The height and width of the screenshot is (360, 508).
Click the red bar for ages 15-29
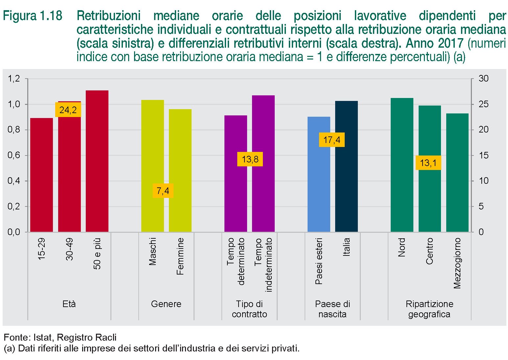coord(41,175)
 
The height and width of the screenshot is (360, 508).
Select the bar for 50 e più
coord(97,161)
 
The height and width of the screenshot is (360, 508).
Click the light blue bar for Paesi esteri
coord(319,174)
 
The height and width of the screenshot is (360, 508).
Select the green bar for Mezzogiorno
coord(457,173)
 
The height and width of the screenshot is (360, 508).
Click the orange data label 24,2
coord(68,110)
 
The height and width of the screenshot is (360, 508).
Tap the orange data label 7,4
coord(163,191)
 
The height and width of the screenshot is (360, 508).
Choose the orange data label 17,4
coord(332,140)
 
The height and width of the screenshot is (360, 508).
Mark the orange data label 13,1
coord(428,163)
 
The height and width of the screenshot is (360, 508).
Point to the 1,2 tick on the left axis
coord(14,79)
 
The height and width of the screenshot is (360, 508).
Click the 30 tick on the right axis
coord(483,79)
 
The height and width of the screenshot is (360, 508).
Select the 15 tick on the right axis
coord(483,155)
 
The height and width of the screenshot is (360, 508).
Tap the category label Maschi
coord(152,252)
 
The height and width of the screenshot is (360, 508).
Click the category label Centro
coord(429,251)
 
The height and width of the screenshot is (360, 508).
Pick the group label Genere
coord(166,304)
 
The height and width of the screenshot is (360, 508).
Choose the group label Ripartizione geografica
coord(429,309)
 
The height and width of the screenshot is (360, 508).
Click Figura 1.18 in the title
coord(33,16)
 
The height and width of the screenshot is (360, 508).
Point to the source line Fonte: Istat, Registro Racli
coord(60,337)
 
